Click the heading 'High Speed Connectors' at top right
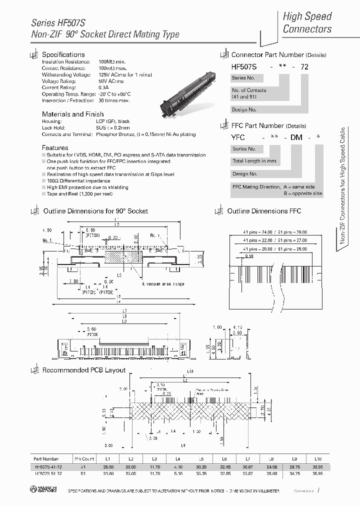307,22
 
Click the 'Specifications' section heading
63,54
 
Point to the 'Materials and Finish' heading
72,114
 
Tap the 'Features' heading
55,147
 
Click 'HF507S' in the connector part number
243,65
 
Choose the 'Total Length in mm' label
254,161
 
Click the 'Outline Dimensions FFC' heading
264,211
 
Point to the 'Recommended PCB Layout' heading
83,370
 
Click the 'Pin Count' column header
84,458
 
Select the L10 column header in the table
317,458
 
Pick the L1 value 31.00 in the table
108,472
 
